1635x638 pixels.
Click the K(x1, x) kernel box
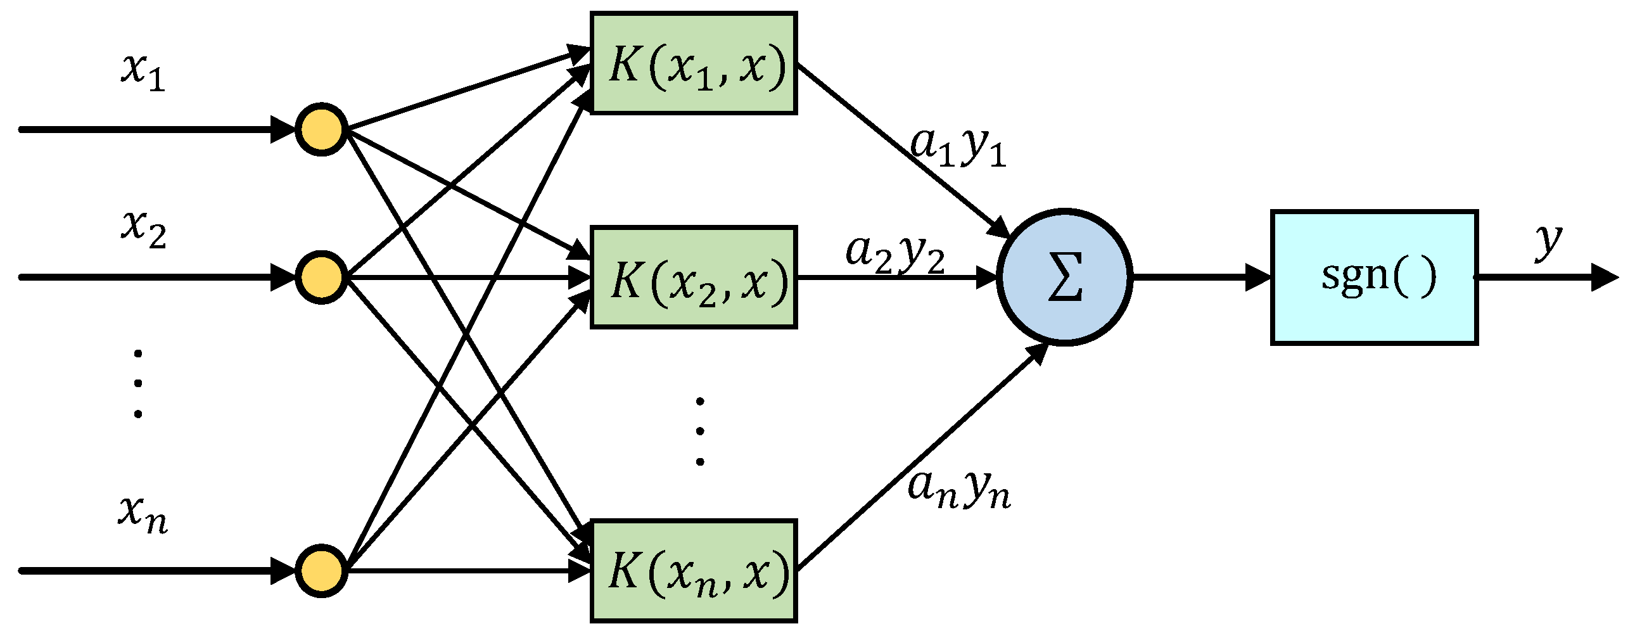coord(693,63)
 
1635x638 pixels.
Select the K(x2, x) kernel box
coord(693,278)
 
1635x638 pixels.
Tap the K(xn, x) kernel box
coord(693,571)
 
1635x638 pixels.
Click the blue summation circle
coord(1064,278)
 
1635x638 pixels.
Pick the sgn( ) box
coord(1374,278)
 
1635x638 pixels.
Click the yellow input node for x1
coord(321,129)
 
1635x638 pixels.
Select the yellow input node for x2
coord(321,278)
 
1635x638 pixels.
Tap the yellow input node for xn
coord(321,571)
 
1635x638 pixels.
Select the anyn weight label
coord(958,490)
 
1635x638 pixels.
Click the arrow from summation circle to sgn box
coord(1200,278)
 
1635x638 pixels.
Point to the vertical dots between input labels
coord(137,383)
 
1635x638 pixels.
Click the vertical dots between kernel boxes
coord(699,431)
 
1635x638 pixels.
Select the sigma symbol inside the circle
coord(1064,278)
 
